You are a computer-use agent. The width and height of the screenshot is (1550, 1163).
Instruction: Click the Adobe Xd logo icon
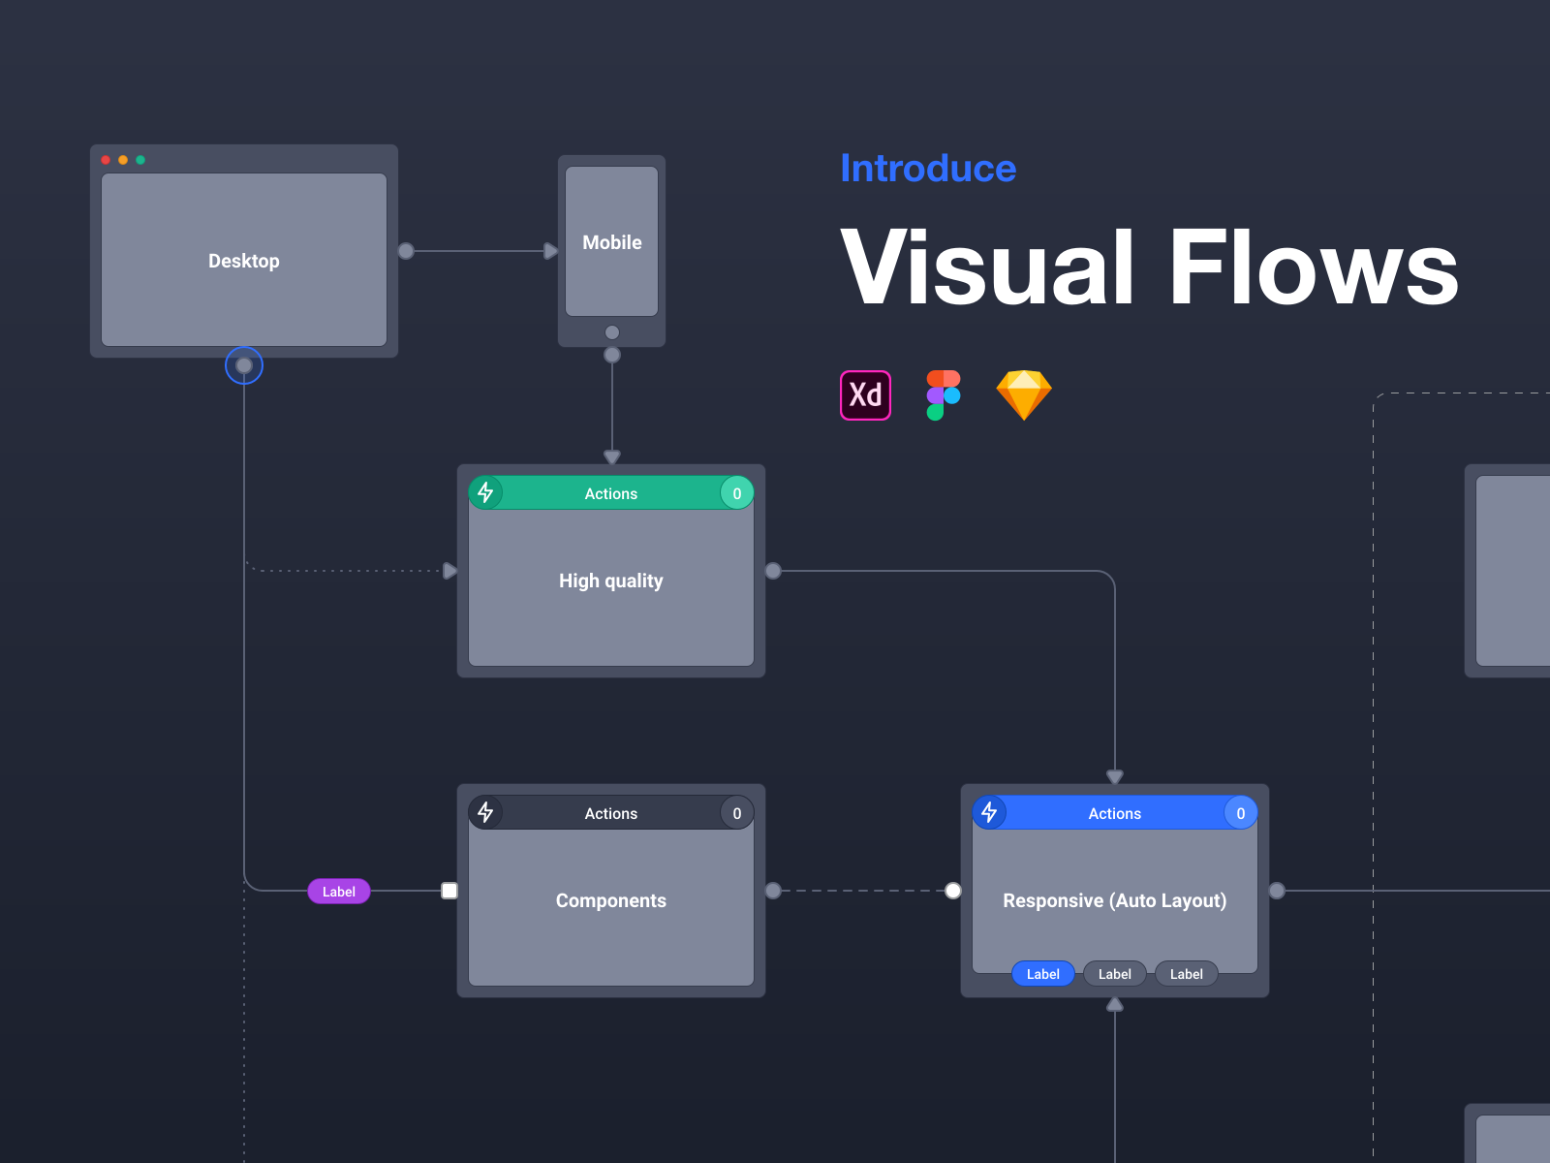(x=865, y=395)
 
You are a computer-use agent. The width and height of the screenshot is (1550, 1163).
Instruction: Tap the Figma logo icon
(x=943, y=395)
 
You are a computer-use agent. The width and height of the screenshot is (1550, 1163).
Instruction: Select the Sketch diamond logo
(x=1024, y=394)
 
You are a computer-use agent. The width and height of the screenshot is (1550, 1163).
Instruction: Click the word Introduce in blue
(x=927, y=169)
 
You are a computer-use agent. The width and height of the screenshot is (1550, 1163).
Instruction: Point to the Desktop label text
(x=243, y=261)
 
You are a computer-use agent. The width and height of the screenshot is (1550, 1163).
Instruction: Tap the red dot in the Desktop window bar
(x=106, y=160)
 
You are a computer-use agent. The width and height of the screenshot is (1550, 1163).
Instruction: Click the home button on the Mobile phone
(x=611, y=332)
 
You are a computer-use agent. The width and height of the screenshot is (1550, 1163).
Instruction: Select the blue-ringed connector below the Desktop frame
(x=244, y=365)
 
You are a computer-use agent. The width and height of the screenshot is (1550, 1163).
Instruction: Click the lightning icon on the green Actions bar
(x=485, y=492)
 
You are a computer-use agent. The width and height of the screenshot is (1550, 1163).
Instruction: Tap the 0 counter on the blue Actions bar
(x=1240, y=813)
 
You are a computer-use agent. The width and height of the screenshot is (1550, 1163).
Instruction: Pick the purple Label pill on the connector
(x=339, y=892)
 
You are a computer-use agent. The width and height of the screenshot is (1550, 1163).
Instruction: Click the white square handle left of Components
(x=449, y=891)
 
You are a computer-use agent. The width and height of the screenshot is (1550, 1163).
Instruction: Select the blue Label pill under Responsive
(x=1042, y=974)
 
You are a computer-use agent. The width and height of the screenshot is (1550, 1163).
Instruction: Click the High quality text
(x=610, y=581)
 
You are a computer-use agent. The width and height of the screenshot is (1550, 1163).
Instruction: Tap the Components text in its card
(x=610, y=900)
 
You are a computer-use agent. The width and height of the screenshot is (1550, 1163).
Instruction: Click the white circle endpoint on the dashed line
(x=953, y=891)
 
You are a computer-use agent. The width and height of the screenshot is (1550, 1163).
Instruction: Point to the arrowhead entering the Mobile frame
(x=550, y=251)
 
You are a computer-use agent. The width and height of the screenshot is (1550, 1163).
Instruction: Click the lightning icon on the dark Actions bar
(x=485, y=812)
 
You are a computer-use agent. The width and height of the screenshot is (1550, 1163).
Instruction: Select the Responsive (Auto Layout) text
(x=1114, y=900)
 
